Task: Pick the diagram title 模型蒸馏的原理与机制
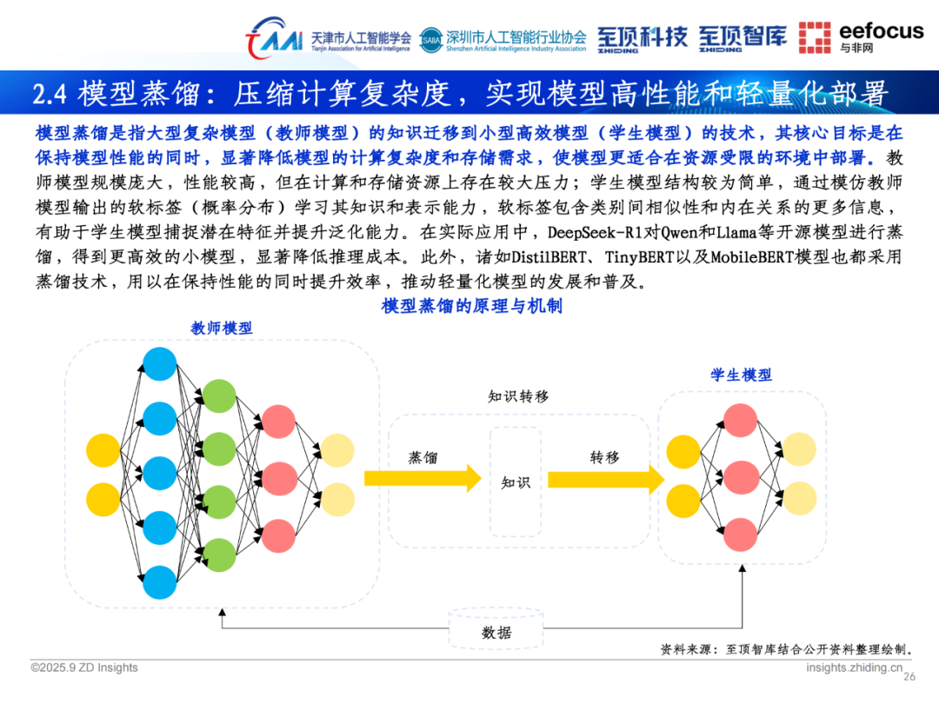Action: [x=471, y=306]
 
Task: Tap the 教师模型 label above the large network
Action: [x=222, y=328]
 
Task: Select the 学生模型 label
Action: [x=741, y=375]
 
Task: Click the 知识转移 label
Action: [x=518, y=396]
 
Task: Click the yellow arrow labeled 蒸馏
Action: [x=423, y=477]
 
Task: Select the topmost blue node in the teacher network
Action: [x=159, y=362]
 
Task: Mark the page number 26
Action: [x=910, y=677]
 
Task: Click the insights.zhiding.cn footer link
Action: [x=855, y=667]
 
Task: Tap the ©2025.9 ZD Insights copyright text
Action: [x=84, y=667]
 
